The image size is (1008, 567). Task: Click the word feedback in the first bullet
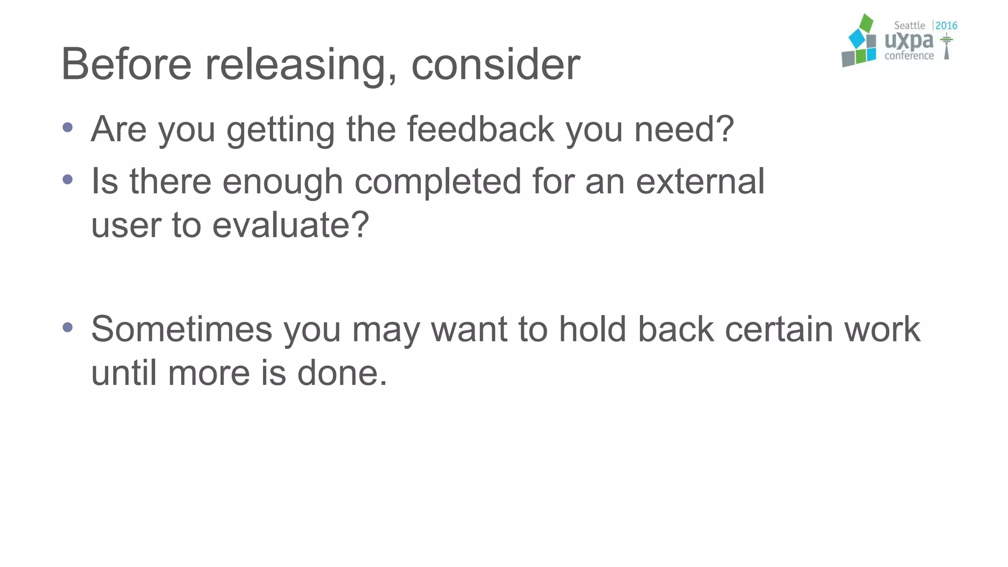point(480,129)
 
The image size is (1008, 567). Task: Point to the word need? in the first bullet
point(684,129)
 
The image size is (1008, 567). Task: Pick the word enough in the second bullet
point(283,182)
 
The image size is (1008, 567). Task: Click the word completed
point(438,182)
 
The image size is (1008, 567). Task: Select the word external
point(700,181)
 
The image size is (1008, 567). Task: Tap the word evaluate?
point(290,225)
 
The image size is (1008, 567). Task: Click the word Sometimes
point(181,329)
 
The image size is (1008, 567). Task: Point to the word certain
point(779,329)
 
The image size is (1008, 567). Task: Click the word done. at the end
point(342,373)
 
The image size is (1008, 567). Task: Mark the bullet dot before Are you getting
point(68,128)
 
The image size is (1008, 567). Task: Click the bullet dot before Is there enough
point(68,180)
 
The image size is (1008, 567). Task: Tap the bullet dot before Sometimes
point(68,327)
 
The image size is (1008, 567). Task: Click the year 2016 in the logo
point(946,26)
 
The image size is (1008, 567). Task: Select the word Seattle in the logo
point(909,26)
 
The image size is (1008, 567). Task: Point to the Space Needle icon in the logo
point(946,47)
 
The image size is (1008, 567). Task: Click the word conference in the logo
point(909,56)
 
